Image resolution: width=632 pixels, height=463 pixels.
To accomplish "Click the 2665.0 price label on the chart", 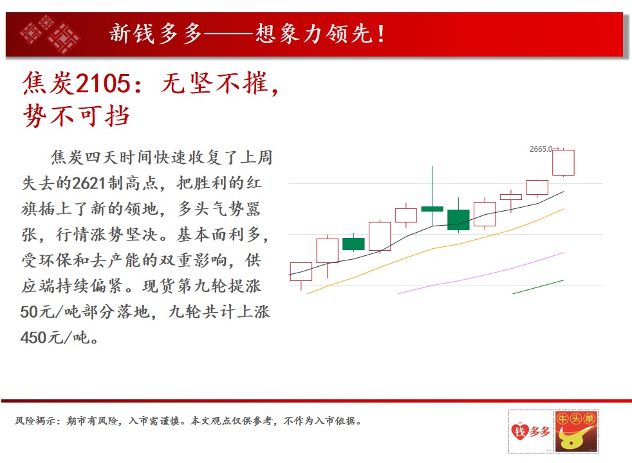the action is click(541, 149).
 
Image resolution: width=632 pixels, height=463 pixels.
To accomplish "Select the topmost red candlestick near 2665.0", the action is click(563, 163).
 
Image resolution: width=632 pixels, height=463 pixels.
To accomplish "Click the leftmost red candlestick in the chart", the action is click(301, 272).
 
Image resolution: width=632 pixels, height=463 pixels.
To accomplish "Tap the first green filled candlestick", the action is click(353, 244).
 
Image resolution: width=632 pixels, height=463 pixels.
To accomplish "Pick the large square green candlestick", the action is click(458, 220).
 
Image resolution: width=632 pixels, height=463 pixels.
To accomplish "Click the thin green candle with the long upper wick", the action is click(432, 208).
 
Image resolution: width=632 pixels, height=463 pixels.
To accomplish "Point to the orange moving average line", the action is click(435, 248).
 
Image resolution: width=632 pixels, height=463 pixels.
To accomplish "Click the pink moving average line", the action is click(481, 273).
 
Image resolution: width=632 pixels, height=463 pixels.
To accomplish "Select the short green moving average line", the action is click(539, 287).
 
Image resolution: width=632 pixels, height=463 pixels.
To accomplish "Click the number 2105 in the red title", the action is click(103, 84).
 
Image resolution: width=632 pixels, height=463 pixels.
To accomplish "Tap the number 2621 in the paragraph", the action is click(89, 183).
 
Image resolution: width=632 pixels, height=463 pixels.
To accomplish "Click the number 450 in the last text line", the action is click(33, 338).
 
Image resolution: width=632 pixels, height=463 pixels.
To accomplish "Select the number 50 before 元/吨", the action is click(29, 312).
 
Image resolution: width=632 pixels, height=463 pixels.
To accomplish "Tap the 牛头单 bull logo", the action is click(576, 431).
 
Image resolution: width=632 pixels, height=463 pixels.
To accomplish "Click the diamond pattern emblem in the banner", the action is click(50, 34).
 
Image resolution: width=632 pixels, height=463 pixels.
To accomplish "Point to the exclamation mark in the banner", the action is click(380, 34).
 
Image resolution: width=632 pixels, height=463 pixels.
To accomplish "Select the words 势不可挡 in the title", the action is click(77, 116).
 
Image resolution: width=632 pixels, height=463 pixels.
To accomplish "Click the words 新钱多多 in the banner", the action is click(156, 33).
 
